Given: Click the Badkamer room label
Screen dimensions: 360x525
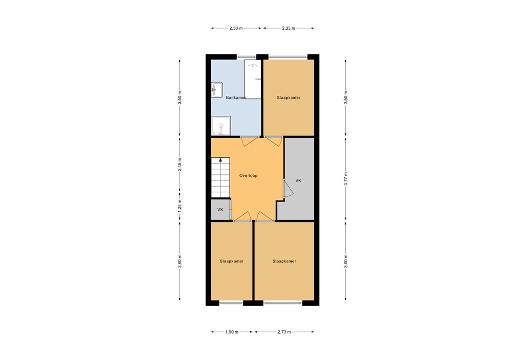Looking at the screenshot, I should tap(236, 97).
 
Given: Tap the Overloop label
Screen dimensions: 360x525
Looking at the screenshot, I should tap(248, 175).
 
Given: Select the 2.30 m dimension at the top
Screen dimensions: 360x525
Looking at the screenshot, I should tap(236, 28).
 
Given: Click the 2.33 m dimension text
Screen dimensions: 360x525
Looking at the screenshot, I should tap(289, 28).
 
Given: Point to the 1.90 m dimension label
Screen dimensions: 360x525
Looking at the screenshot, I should tap(232, 332).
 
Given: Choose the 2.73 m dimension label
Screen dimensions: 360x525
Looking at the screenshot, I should tap(284, 332).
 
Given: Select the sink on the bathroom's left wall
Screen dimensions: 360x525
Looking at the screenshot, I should tap(216, 90).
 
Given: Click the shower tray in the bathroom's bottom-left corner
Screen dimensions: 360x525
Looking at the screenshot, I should tap(221, 126).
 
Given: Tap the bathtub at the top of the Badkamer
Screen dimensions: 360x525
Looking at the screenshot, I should tap(253, 79).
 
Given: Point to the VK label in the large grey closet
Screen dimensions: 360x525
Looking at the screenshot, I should tap(298, 181).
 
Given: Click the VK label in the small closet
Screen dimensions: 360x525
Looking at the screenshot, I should tap(220, 210).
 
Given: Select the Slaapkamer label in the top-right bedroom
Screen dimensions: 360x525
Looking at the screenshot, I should tap(288, 97).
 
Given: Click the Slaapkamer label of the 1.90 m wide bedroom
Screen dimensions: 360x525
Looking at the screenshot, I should tap(232, 261).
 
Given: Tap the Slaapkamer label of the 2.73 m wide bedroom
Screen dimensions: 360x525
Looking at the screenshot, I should tap(284, 261).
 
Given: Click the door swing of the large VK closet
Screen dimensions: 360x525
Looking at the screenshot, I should tap(288, 189).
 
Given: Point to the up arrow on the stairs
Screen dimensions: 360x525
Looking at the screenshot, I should tap(221, 161).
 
